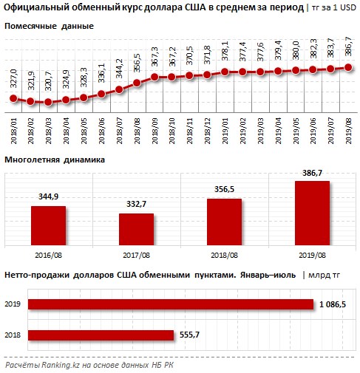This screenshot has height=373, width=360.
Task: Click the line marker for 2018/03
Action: click(48, 102)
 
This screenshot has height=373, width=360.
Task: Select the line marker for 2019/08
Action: click(348, 67)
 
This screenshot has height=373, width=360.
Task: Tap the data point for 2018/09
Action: click(154, 77)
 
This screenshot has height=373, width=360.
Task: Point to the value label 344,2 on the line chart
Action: click(119, 69)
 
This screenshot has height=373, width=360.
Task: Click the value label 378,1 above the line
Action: click(225, 51)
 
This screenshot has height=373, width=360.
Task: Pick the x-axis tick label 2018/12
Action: click(208, 131)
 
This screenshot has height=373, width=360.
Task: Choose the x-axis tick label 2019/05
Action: click(296, 131)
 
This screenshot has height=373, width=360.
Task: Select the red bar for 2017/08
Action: click(136, 229)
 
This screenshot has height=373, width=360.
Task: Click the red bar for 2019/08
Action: click(312, 213)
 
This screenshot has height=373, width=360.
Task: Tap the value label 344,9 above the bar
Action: click(48, 196)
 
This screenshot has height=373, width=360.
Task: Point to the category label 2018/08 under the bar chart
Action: click(224, 255)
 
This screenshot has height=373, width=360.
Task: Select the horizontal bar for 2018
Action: click(101, 335)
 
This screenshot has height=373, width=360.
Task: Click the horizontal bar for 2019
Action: click(171, 304)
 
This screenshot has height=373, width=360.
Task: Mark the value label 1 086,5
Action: click(333, 304)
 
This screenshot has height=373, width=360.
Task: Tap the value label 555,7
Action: click(189, 335)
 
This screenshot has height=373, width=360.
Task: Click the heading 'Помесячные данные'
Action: click(49, 26)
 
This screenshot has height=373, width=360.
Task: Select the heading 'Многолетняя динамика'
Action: click(55, 160)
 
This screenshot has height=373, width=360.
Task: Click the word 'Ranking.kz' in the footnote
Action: click(61, 365)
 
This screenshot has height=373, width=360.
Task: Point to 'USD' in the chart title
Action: click(348, 7)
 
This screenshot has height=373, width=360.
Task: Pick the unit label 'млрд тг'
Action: click(324, 275)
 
